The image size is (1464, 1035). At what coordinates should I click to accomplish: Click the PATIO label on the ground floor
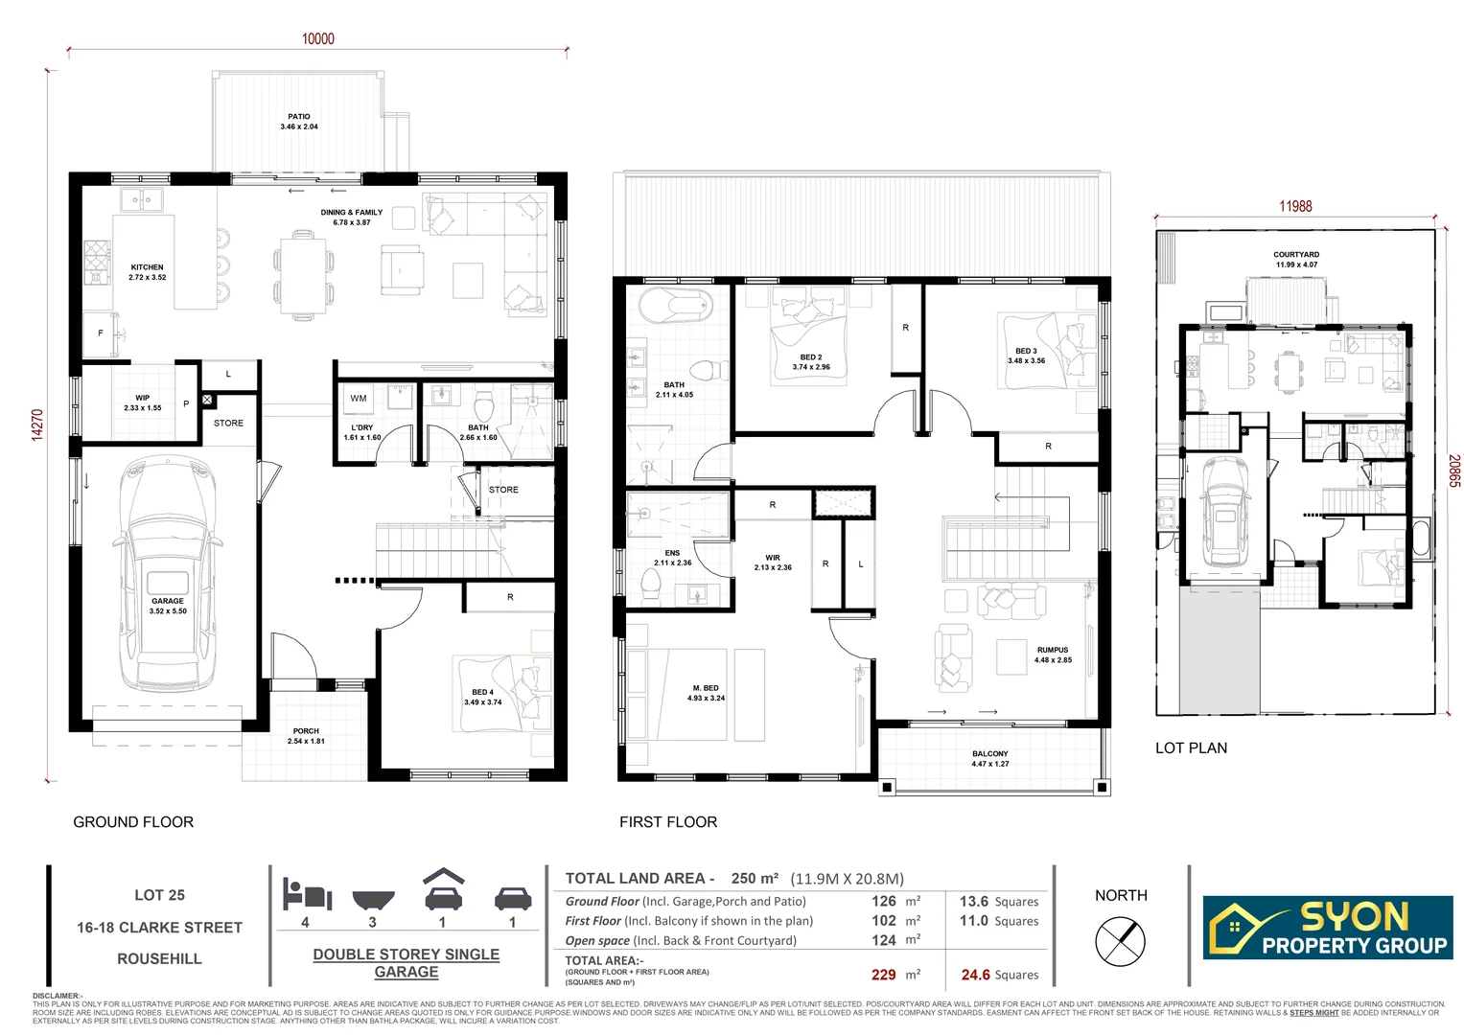[x=298, y=117]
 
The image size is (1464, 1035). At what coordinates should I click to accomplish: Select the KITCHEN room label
[x=147, y=267]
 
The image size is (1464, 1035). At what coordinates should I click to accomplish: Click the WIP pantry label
[x=142, y=398]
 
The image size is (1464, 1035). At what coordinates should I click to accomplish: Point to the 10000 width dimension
[x=318, y=38]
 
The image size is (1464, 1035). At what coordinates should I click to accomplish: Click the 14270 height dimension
[x=38, y=425]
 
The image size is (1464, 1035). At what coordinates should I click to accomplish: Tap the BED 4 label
[x=482, y=692]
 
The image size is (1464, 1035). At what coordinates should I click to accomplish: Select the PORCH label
[x=306, y=731]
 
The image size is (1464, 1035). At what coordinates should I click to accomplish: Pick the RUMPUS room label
[x=1052, y=650]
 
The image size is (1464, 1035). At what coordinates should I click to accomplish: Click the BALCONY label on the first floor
[x=989, y=754]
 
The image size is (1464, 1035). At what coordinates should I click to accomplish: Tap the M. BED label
[x=706, y=688]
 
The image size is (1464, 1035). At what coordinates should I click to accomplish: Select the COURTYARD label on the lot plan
[x=1296, y=255]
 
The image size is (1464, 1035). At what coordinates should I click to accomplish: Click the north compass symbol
[x=1120, y=940]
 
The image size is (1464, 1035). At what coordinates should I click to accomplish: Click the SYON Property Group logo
[x=1328, y=928]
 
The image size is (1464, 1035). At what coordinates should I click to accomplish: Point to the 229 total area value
[x=883, y=975]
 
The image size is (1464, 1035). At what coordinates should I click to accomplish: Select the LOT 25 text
[x=159, y=895]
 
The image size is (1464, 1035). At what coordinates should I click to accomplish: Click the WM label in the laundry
[x=358, y=398]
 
